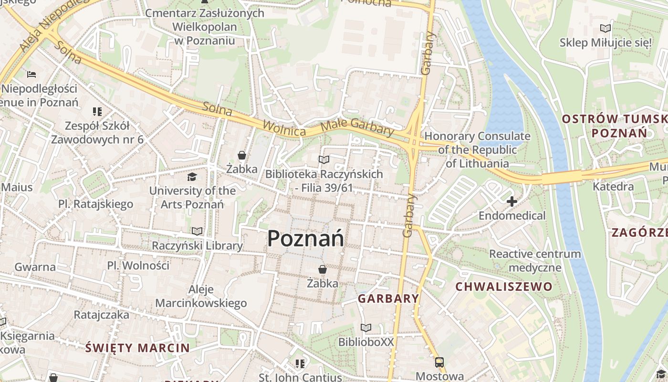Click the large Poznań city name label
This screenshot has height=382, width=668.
pos(305,238)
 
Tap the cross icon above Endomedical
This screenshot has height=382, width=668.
pos(512,202)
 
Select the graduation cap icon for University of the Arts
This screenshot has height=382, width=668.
pos(192,177)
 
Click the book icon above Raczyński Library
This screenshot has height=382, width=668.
pos(197,232)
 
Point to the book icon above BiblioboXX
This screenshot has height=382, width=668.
pos(366,328)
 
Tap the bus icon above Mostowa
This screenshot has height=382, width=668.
pos(439,362)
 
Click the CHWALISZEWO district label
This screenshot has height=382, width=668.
pos(504,287)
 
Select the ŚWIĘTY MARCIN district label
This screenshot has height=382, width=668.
pos(137,348)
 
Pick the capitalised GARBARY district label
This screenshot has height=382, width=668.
pos(388,299)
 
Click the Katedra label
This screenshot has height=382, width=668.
pos(613,186)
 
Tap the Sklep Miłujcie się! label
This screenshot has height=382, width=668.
pos(605,42)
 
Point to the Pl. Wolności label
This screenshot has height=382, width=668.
pos(138,265)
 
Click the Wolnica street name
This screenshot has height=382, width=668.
pos(284,128)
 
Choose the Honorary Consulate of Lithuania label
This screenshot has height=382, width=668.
pos(477,149)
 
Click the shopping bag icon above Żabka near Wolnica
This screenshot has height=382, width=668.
pos(242,155)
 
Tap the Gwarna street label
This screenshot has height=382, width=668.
pos(35,267)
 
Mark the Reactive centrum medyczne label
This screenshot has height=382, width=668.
pos(535,260)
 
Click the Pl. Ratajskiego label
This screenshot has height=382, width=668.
pos(95,204)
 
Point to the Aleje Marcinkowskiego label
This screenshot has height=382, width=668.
pos(201,296)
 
